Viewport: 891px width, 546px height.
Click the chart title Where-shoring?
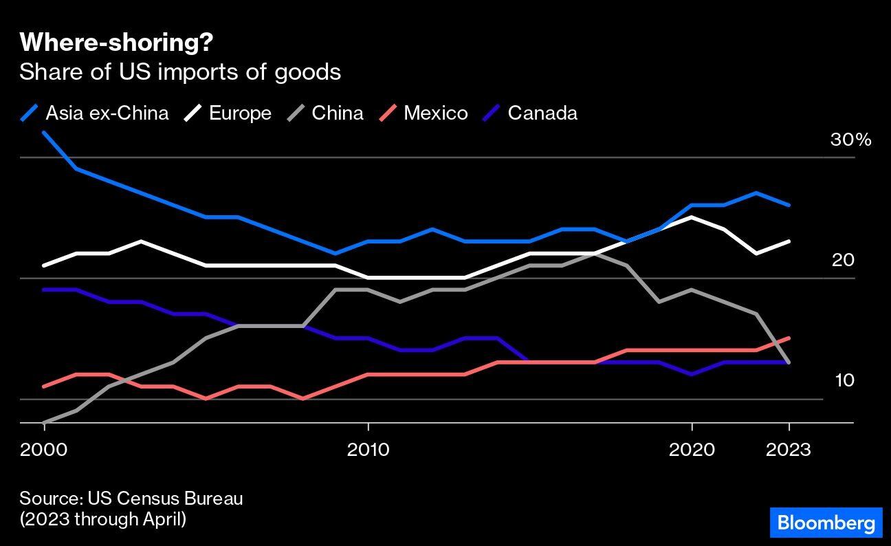click(x=116, y=43)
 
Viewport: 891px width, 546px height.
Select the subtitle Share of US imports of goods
click(x=180, y=72)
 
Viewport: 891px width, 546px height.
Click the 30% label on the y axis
click(x=850, y=140)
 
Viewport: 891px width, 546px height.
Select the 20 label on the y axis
click(x=844, y=260)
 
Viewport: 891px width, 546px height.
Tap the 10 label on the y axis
click(x=844, y=380)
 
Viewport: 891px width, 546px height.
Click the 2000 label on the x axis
click(x=45, y=450)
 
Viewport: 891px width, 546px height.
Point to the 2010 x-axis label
click(x=368, y=450)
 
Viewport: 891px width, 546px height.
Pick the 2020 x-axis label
click(x=692, y=450)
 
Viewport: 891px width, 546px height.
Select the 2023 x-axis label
click(x=789, y=450)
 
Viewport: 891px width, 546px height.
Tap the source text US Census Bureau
click(x=131, y=499)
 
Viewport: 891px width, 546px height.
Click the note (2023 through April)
click(x=103, y=519)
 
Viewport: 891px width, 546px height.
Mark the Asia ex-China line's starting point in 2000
click(x=45, y=133)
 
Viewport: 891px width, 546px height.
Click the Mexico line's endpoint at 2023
click(x=789, y=338)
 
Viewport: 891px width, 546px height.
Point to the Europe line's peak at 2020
click(x=692, y=217)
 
